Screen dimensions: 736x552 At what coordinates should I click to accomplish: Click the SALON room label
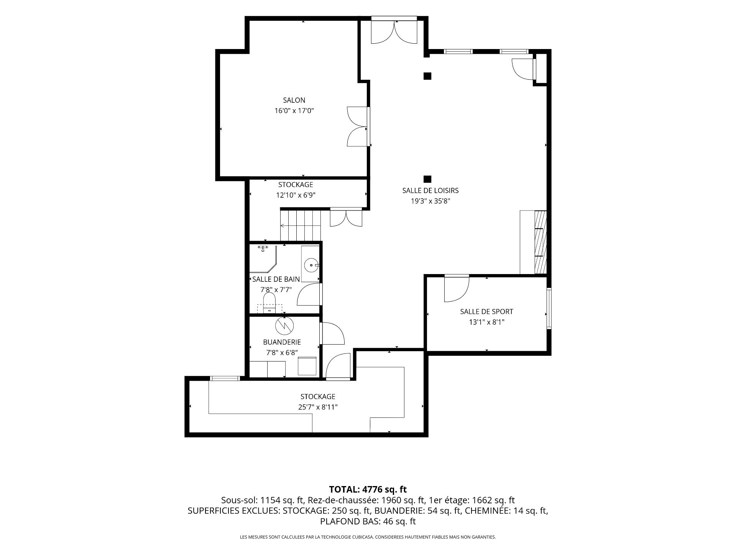294,100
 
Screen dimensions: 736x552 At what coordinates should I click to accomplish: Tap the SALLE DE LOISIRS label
430,191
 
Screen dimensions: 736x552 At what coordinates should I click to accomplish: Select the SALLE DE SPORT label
486,312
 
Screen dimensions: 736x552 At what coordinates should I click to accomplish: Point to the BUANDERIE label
282,342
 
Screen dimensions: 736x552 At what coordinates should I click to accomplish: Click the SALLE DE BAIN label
276,279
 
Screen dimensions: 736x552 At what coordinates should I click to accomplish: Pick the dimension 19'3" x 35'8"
430,201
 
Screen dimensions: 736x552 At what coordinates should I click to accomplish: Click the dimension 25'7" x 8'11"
318,407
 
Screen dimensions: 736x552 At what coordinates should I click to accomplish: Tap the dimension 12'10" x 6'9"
296,195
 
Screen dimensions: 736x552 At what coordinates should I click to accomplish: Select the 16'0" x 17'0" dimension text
294,111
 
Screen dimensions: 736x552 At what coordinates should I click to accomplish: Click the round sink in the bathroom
311,264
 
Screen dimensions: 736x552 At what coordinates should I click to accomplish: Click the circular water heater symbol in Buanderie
284,326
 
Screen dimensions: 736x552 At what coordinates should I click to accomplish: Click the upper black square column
427,76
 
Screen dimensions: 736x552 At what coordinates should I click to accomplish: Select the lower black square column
427,179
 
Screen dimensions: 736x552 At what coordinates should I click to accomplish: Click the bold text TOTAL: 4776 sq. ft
368,490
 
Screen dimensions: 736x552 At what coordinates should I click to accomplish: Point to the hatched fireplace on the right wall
540,242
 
